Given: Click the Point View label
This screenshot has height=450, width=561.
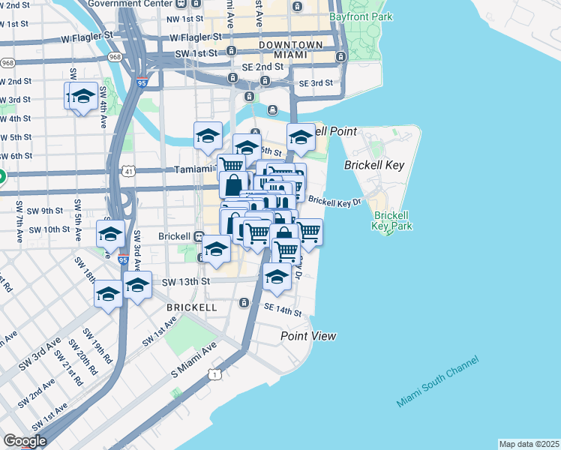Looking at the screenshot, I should coord(308,336).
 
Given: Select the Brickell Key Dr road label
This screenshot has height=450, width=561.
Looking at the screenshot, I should coord(334,201).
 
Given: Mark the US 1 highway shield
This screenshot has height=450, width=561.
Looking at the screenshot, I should coord(216,373).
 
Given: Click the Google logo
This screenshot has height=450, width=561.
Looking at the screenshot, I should coord(25,441).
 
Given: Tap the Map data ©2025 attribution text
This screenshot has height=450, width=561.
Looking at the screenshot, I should coord(528,444).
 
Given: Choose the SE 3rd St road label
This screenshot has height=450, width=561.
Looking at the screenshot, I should coord(316,83).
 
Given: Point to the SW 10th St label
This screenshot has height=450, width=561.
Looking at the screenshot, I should coord(50,229).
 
